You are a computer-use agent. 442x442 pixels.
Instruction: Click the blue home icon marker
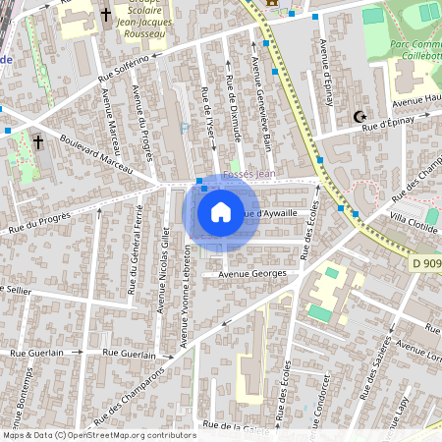tap(221, 212)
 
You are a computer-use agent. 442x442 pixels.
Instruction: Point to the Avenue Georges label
tap(252, 273)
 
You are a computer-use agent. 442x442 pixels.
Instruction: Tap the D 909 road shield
tap(424, 264)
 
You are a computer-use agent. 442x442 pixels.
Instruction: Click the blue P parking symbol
tap(184, 127)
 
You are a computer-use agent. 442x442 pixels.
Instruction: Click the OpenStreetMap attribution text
tap(99, 435)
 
